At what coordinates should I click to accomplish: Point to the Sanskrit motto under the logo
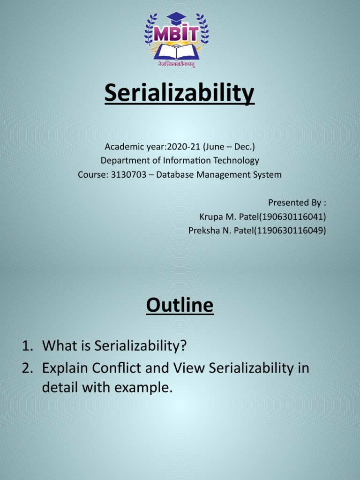[176, 64]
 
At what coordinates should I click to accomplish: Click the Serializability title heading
[180, 93]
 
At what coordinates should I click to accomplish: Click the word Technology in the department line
[237, 160]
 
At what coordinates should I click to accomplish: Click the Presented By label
[297, 202]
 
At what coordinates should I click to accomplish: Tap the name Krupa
[211, 217]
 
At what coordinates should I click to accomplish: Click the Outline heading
[180, 306]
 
